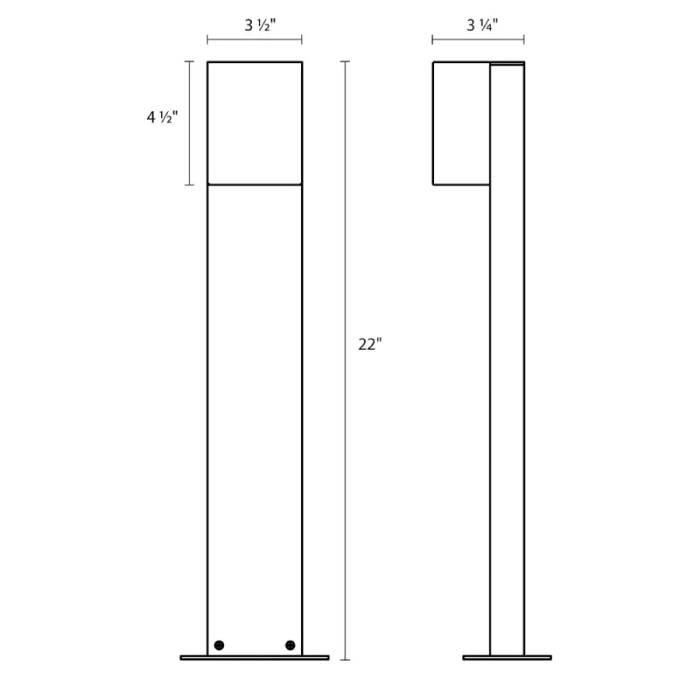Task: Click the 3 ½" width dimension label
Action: coord(260,25)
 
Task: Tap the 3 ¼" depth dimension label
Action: coord(482,25)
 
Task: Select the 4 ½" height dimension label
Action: coord(163,117)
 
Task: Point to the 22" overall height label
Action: coord(370,344)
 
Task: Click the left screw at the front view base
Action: coord(219,645)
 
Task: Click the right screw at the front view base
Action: coord(290,645)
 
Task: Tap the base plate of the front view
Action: coord(255,658)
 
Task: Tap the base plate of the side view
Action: coord(507,658)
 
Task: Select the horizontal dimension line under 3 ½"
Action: coord(255,39)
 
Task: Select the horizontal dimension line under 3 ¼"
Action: coord(478,39)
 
